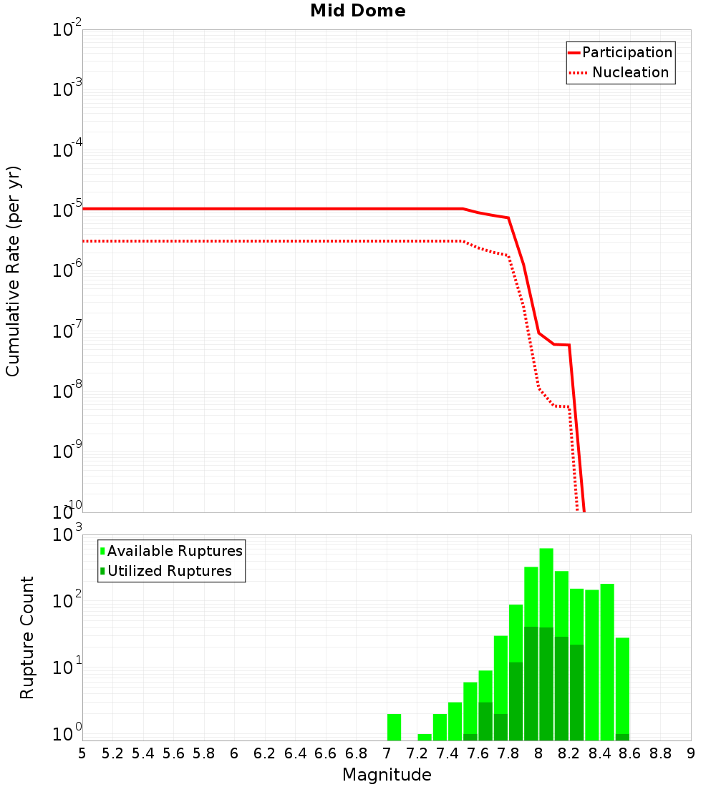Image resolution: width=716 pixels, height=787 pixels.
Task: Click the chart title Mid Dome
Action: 357,11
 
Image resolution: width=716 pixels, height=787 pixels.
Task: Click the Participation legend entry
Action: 626,53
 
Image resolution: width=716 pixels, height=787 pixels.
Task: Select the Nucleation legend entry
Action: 630,73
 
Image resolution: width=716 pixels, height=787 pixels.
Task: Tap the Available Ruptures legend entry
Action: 175,551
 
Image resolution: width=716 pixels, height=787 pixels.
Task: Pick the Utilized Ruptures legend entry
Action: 169,571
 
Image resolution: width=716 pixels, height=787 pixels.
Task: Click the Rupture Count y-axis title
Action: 27,637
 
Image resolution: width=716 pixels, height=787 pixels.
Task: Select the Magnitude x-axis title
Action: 387,775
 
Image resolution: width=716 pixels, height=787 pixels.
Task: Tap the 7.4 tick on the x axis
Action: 447,753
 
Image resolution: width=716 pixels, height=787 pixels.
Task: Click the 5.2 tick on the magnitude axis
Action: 113,753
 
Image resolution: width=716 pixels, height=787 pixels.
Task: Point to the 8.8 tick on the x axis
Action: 661,753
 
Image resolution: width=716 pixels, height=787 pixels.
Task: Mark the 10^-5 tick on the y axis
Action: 67,210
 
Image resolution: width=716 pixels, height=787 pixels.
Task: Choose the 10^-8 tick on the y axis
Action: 67,391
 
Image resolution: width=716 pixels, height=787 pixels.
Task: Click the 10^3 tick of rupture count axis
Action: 67,534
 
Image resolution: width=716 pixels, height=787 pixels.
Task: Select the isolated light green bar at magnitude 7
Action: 394,727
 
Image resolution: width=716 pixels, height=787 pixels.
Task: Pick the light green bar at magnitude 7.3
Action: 425,737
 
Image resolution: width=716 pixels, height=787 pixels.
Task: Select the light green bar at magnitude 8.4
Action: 607,658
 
